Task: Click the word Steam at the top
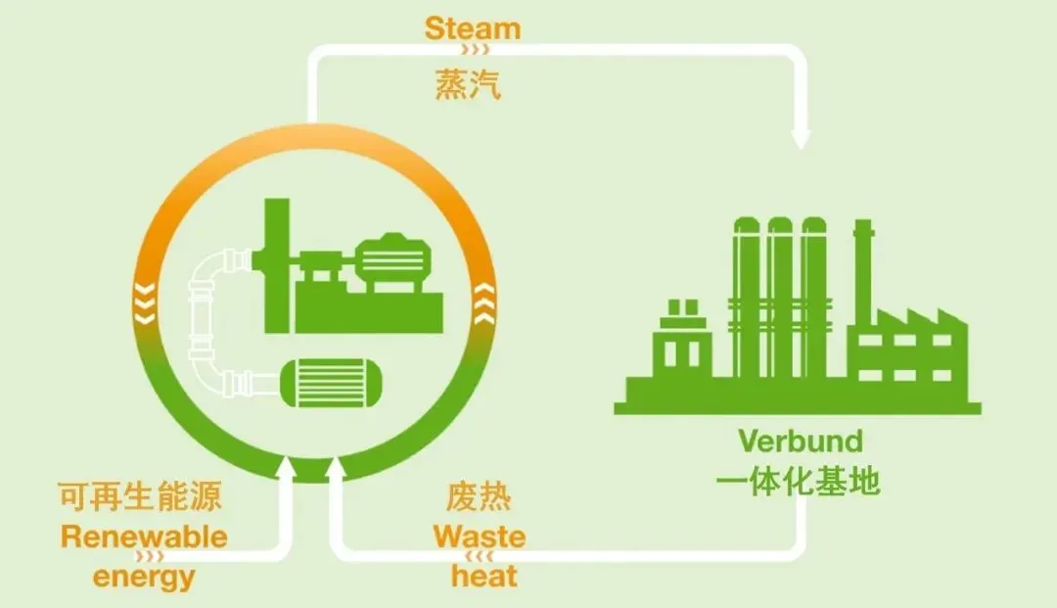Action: [x=473, y=27]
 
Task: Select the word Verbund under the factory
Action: [x=801, y=441]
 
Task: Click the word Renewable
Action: [x=144, y=537]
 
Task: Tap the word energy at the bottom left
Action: [x=144, y=576]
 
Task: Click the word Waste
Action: [x=480, y=537]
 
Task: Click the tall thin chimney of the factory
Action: [x=863, y=284]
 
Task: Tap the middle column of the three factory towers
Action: [x=780, y=294]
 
